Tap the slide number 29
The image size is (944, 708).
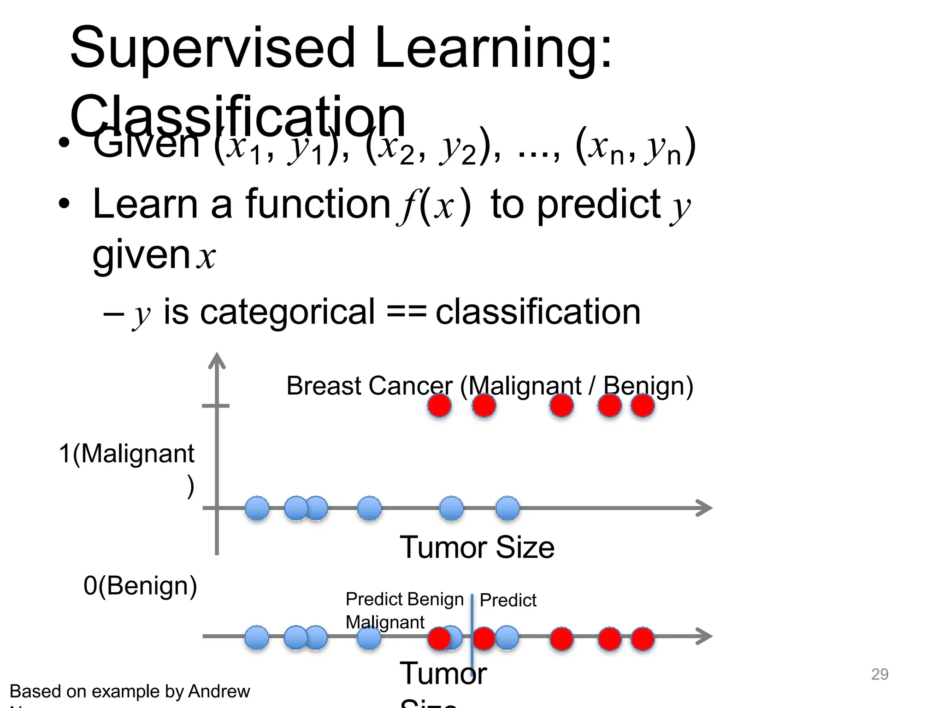pyautogui.click(x=879, y=674)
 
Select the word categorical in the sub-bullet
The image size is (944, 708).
pyautogui.click(x=287, y=312)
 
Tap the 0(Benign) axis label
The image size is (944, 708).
pyautogui.click(x=140, y=586)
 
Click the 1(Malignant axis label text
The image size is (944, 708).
pyautogui.click(x=126, y=454)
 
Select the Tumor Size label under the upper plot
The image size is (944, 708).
pyautogui.click(x=477, y=547)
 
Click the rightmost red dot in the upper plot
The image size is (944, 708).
pyautogui.click(x=643, y=406)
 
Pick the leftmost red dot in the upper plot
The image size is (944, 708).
pyautogui.click(x=439, y=406)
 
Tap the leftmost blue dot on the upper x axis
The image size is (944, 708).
pyautogui.click(x=257, y=508)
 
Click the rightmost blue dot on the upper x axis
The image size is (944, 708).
pyautogui.click(x=507, y=508)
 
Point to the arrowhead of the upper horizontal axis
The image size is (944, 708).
pyautogui.click(x=705, y=508)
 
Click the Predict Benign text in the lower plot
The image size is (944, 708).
pyautogui.click(x=404, y=599)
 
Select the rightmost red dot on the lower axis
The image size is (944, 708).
pyautogui.click(x=643, y=639)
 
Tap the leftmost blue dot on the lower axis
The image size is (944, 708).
pyautogui.click(x=256, y=638)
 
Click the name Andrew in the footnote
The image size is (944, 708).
pyautogui.click(x=219, y=691)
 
